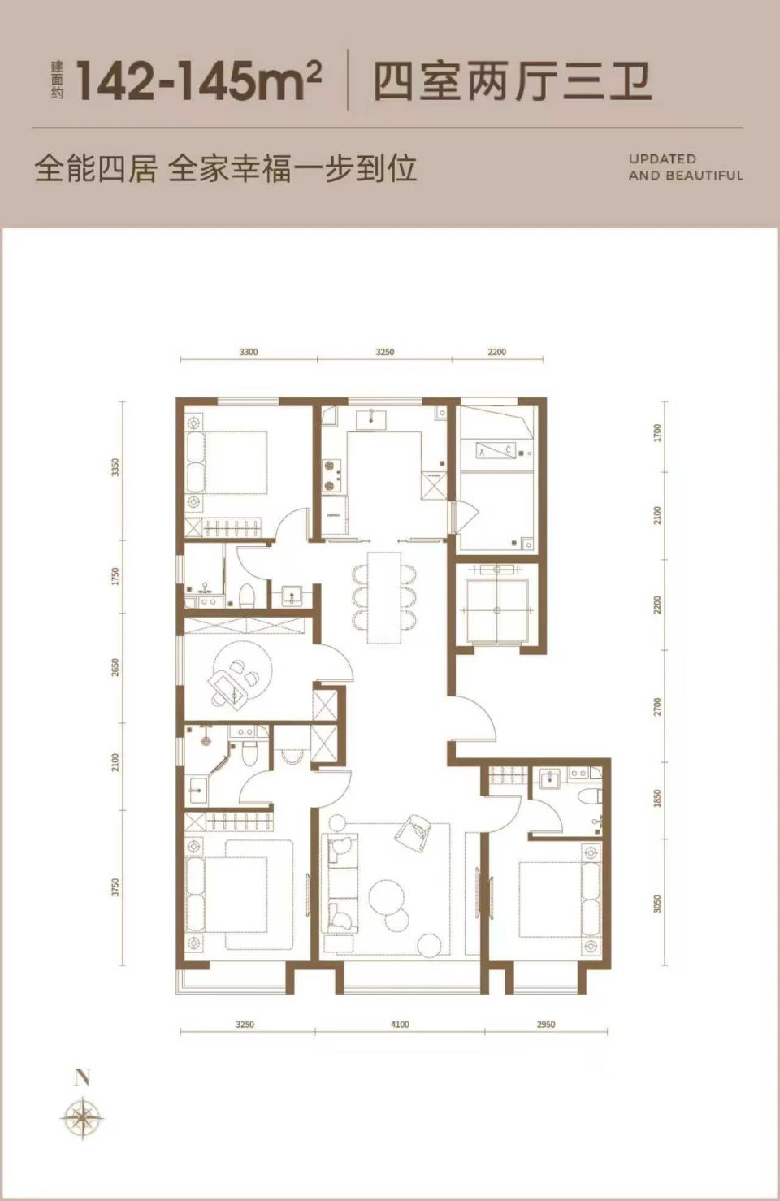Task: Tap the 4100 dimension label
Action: pyautogui.click(x=400, y=1025)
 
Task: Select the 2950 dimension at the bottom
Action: pyautogui.click(x=545, y=1025)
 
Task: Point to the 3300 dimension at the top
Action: pyautogui.click(x=248, y=353)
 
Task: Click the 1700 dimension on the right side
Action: pyautogui.click(x=658, y=432)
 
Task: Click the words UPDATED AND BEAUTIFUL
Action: pyautogui.click(x=686, y=167)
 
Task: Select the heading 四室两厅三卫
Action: pyautogui.click(x=512, y=82)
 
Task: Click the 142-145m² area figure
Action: pyautogui.click(x=199, y=81)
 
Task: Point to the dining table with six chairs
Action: pyautogui.click(x=383, y=597)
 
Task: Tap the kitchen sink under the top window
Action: pyautogui.click(x=370, y=418)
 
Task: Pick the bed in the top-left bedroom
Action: pyautogui.click(x=226, y=462)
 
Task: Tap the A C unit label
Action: pyautogui.click(x=496, y=451)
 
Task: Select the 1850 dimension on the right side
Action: pyautogui.click(x=658, y=798)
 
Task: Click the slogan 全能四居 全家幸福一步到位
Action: pyautogui.click(x=226, y=169)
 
